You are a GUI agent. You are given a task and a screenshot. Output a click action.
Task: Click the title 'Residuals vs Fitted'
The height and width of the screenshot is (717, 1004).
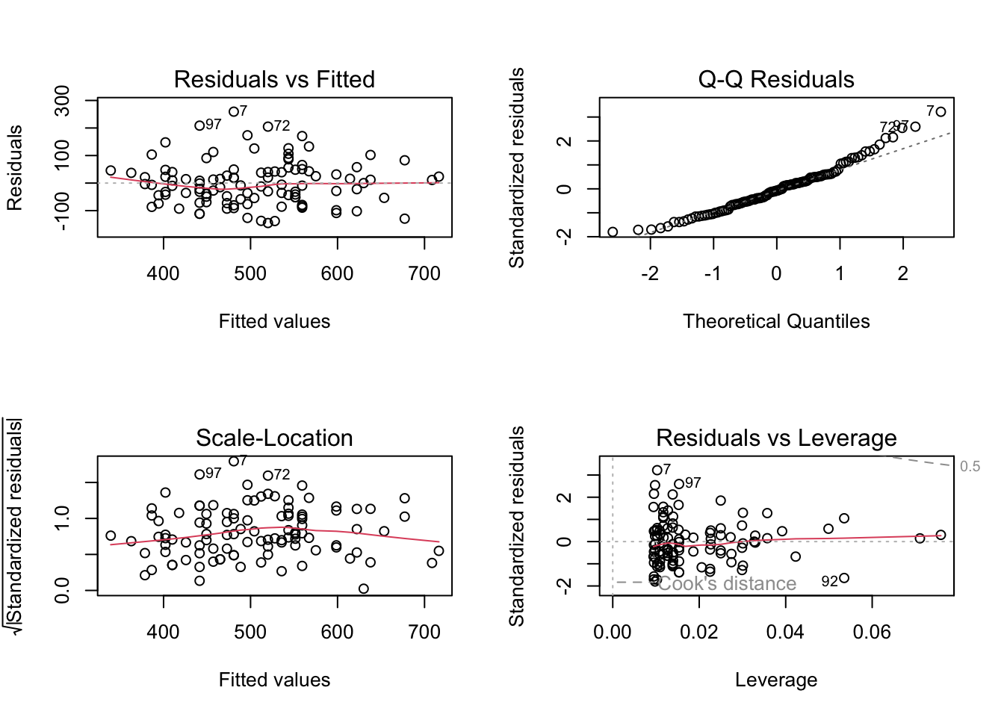[x=274, y=79]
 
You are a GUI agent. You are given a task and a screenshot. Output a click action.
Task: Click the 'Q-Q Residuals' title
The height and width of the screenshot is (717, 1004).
[x=775, y=79]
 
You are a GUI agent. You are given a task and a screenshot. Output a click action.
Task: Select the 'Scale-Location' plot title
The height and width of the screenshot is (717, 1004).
[x=274, y=438]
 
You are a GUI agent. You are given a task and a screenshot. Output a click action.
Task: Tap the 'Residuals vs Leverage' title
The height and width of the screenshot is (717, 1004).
[x=775, y=438]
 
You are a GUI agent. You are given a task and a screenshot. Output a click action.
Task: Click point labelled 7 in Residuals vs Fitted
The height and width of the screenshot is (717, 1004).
[x=234, y=112]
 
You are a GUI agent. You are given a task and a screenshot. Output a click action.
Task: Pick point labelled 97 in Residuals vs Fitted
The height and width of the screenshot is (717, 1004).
[x=199, y=125]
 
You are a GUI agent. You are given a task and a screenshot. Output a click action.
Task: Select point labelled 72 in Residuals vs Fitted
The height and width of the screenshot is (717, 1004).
[x=267, y=127]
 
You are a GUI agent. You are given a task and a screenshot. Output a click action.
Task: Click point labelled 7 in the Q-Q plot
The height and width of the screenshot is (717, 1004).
[x=941, y=112]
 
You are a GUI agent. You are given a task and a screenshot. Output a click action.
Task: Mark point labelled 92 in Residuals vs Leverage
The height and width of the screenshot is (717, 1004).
[x=844, y=578]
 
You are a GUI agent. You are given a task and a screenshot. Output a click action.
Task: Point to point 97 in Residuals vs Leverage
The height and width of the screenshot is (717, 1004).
[x=679, y=484]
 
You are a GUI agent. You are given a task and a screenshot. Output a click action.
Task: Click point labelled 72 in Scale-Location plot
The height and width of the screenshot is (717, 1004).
[x=267, y=475]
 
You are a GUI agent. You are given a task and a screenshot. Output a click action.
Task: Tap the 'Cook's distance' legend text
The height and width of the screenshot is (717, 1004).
[x=727, y=583]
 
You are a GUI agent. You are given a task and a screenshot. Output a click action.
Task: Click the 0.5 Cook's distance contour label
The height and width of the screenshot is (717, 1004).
[x=970, y=467]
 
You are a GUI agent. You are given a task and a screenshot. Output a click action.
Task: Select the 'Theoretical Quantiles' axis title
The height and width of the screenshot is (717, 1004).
[x=775, y=321]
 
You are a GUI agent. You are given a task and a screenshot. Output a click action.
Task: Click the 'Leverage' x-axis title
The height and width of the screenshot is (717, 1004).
[x=775, y=680]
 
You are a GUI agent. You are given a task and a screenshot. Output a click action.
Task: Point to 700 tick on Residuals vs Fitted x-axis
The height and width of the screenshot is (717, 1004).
[x=424, y=274]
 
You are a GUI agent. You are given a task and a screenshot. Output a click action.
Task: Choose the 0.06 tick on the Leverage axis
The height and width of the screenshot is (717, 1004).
[x=872, y=633]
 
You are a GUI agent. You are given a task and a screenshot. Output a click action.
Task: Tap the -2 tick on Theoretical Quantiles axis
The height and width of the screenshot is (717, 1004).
[x=650, y=274]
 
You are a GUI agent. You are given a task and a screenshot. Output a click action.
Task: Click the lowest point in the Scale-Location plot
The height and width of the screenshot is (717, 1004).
[x=364, y=589]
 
